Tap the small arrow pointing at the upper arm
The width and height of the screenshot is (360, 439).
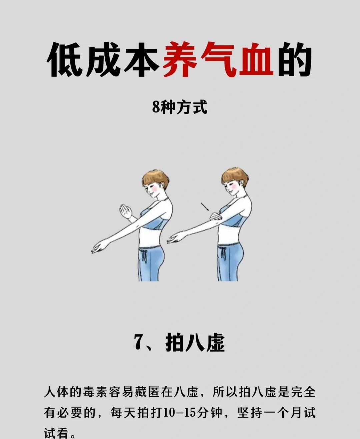click(205, 207)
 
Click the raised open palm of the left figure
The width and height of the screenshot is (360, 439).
click(126, 211)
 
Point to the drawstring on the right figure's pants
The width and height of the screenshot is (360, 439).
click(223, 254)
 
